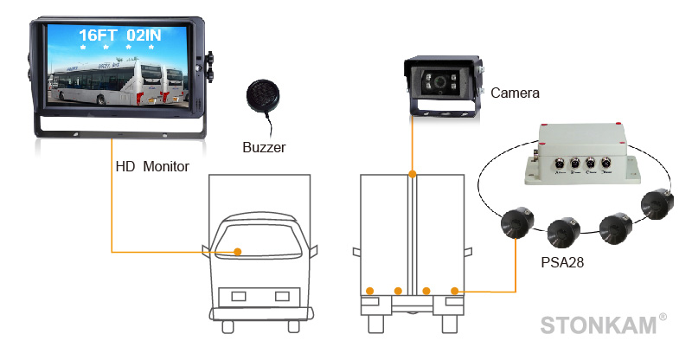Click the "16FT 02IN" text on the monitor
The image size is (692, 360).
pos(119,36)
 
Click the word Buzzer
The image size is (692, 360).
pos(264,147)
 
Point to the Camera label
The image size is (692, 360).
pos(515,93)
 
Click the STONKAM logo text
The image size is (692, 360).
pos(598,325)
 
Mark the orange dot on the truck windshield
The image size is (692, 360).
pos(240,252)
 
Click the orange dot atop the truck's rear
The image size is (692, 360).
pos(413,175)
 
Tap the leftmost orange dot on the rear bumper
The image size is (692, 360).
pos(369,290)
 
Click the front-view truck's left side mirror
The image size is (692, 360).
pos(206,252)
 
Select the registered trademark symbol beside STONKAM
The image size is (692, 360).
pos(663,318)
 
